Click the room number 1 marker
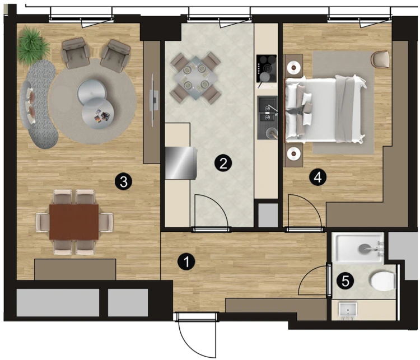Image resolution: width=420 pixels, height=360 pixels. coord(186,261)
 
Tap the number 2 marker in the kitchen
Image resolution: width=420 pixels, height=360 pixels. coord(223,163)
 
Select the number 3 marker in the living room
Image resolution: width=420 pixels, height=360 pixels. coord(124,182)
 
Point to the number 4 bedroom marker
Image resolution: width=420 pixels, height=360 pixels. coord(318,177)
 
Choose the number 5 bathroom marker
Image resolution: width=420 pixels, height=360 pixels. coord(346,281)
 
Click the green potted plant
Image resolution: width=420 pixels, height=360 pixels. coord(33,45)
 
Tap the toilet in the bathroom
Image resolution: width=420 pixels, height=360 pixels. coord(383,281)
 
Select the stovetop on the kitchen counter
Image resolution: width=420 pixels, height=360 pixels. coord(266,68)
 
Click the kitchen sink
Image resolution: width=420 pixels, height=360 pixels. coord(267,118)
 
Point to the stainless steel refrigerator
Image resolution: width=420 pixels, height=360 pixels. coord(181,162)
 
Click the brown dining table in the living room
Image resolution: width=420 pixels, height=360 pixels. coord(74,222)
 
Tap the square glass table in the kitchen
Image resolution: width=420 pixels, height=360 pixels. coord(195,77)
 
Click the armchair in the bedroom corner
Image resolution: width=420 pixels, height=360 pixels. coord(380,59)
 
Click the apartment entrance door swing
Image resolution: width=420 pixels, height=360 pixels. coord(198,336)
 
